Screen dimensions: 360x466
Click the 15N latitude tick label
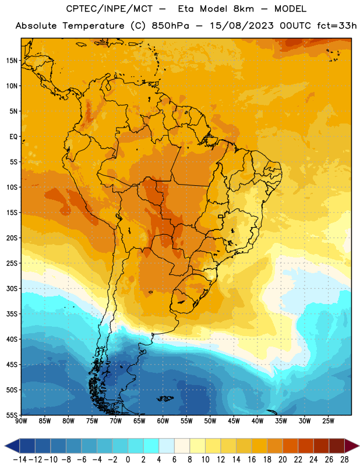12,61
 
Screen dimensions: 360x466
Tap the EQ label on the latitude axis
13,137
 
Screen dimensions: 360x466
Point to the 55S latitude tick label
12,415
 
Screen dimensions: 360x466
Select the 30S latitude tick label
12,288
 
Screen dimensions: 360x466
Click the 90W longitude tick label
21,421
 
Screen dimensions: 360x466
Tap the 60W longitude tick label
163,421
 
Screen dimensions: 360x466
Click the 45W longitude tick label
234,421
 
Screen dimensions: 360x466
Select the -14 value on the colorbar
20,460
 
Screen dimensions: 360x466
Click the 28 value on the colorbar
344,460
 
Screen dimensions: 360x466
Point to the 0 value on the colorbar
128,460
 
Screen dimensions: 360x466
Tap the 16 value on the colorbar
252,460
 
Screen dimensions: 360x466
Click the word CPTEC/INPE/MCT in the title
110,9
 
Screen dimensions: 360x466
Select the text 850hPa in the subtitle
170,26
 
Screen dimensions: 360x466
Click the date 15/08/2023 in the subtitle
242,26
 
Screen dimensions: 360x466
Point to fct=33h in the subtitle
337,26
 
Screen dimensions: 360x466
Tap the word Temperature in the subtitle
93,26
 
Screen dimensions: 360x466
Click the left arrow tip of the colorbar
5,446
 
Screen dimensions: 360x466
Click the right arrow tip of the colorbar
359,446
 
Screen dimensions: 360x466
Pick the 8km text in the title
243,9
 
